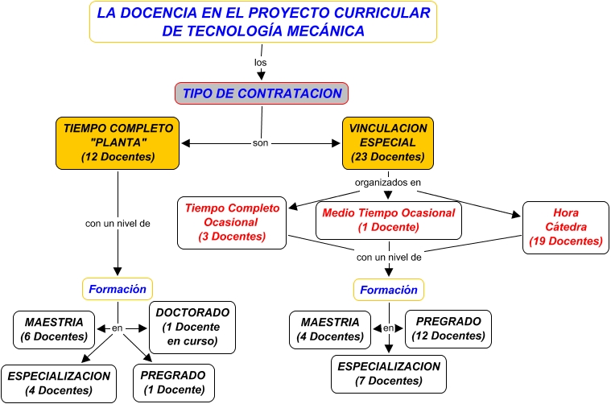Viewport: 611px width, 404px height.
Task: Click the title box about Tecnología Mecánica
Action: [262, 22]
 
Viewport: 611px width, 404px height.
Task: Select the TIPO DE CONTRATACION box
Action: [262, 93]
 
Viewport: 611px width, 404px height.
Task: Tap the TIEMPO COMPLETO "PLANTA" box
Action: [118, 142]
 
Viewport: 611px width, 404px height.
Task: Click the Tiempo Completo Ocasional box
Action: [232, 222]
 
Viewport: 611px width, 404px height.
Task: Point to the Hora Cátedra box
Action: [566, 227]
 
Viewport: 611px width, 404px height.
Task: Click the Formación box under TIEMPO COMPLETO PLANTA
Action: [118, 288]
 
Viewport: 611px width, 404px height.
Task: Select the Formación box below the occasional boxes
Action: [389, 290]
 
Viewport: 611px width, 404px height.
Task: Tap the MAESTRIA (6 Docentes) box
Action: [54, 328]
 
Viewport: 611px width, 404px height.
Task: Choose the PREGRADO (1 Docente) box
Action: [173, 383]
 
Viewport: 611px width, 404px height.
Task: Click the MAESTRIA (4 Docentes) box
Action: [331, 329]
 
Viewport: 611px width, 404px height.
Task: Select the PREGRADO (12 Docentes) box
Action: [448, 328]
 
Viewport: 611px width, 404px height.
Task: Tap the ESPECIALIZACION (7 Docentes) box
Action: [389, 374]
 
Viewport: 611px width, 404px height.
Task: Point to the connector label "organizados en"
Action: [389, 183]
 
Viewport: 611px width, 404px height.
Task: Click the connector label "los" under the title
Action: [260, 62]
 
